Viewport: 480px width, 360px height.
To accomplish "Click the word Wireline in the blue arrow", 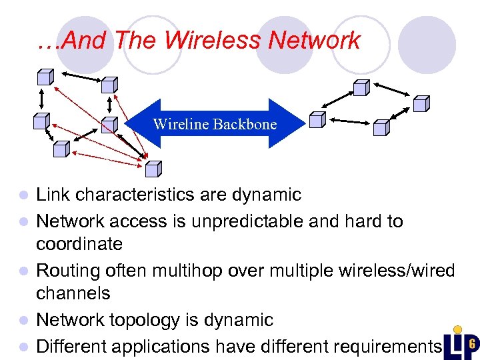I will coord(179,124).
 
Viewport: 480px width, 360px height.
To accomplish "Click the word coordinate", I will coord(79,244).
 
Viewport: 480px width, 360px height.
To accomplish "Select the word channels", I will coord(73,293).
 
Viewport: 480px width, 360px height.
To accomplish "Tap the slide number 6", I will coord(471,342).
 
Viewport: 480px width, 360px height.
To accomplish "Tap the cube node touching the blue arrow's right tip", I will coord(317,120).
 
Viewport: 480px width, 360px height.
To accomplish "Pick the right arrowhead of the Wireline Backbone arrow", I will coord(291,123).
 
